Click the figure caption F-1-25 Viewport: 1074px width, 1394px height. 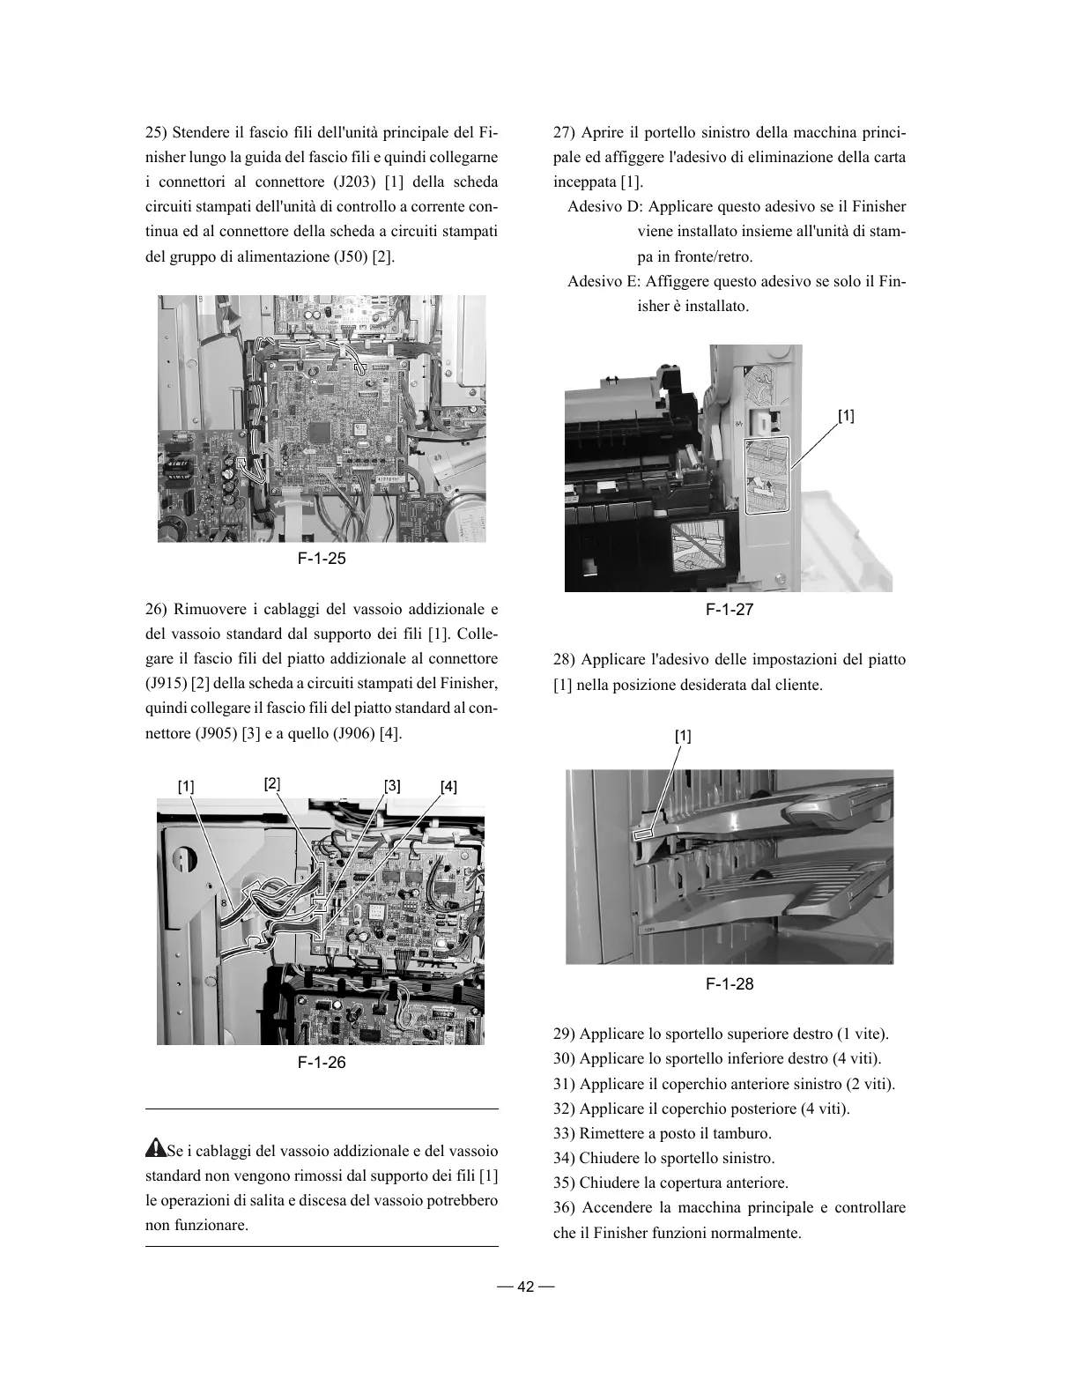click(x=321, y=559)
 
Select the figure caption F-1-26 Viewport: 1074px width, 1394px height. click(x=321, y=1062)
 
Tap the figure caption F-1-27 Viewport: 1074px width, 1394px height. click(x=730, y=609)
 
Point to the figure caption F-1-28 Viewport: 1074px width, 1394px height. click(x=730, y=983)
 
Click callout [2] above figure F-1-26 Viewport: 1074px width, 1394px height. click(x=272, y=782)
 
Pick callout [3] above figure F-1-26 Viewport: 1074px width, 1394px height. click(x=392, y=785)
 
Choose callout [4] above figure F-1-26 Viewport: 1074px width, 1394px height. click(x=448, y=786)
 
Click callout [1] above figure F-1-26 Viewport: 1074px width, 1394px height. click(x=186, y=786)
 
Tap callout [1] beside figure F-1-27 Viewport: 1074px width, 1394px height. click(x=845, y=415)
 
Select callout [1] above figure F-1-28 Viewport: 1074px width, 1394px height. click(x=683, y=736)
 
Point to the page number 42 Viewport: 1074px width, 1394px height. click(x=526, y=1286)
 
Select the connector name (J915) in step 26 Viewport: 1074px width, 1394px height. click(x=165, y=684)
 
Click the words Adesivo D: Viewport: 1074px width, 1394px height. click(x=604, y=207)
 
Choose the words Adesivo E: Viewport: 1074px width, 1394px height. click(x=604, y=282)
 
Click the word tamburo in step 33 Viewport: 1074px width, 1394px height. click(x=744, y=1133)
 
